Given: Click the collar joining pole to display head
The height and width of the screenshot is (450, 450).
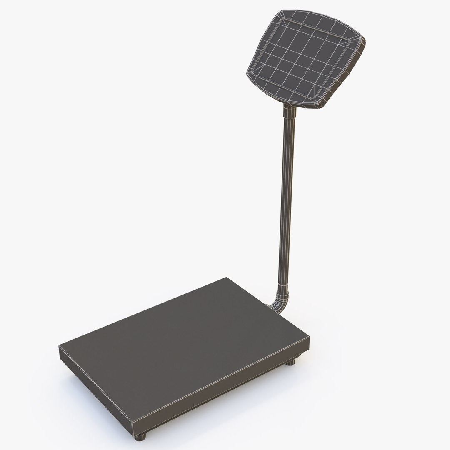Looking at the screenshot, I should (290, 112).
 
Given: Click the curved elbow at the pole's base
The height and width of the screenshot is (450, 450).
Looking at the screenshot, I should (280, 302).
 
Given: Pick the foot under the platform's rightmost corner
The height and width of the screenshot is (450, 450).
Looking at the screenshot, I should (290, 361).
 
